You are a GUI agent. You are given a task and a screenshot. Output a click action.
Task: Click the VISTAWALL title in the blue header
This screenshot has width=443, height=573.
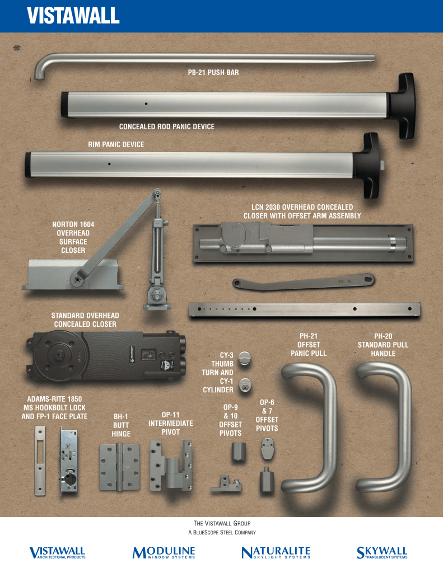(x=73, y=15)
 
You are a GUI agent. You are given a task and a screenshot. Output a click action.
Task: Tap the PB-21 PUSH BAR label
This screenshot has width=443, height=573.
(x=213, y=72)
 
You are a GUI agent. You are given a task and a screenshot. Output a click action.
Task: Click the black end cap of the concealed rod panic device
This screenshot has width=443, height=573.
(x=65, y=105)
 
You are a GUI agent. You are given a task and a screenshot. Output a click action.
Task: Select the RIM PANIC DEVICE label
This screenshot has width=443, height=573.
(x=116, y=144)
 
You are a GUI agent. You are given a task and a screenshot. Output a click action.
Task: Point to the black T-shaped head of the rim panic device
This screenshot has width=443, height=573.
(x=366, y=165)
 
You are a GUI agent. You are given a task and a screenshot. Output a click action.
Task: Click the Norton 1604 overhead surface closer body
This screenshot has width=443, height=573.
(x=73, y=275)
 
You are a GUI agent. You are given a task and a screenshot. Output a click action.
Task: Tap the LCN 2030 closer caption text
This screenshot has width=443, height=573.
(x=302, y=212)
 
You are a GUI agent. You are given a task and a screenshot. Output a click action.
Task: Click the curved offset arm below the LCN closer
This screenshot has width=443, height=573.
(x=304, y=282)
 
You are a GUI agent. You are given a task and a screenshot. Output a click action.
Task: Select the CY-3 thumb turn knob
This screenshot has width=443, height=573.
(x=245, y=358)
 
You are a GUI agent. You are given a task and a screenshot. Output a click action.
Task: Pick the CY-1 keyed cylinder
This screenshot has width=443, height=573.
(x=245, y=386)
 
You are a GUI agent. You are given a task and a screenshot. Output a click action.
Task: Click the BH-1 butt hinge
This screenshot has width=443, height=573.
(x=120, y=467)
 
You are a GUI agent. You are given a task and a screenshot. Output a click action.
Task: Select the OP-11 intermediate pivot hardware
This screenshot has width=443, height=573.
(x=171, y=466)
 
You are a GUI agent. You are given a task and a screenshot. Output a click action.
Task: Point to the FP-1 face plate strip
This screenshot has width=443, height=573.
(x=40, y=461)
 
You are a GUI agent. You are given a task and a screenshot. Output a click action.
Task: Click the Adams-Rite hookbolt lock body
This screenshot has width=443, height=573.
(x=69, y=461)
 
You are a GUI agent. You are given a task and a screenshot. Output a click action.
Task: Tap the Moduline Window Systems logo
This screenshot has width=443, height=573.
(x=164, y=552)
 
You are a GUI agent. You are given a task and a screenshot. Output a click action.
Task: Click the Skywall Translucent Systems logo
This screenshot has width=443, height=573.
(x=382, y=552)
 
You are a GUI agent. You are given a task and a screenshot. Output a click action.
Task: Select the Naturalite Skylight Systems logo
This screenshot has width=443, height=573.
(x=276, y=552)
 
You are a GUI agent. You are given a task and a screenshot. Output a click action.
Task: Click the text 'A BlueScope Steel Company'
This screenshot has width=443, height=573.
(x=222, y=533)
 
